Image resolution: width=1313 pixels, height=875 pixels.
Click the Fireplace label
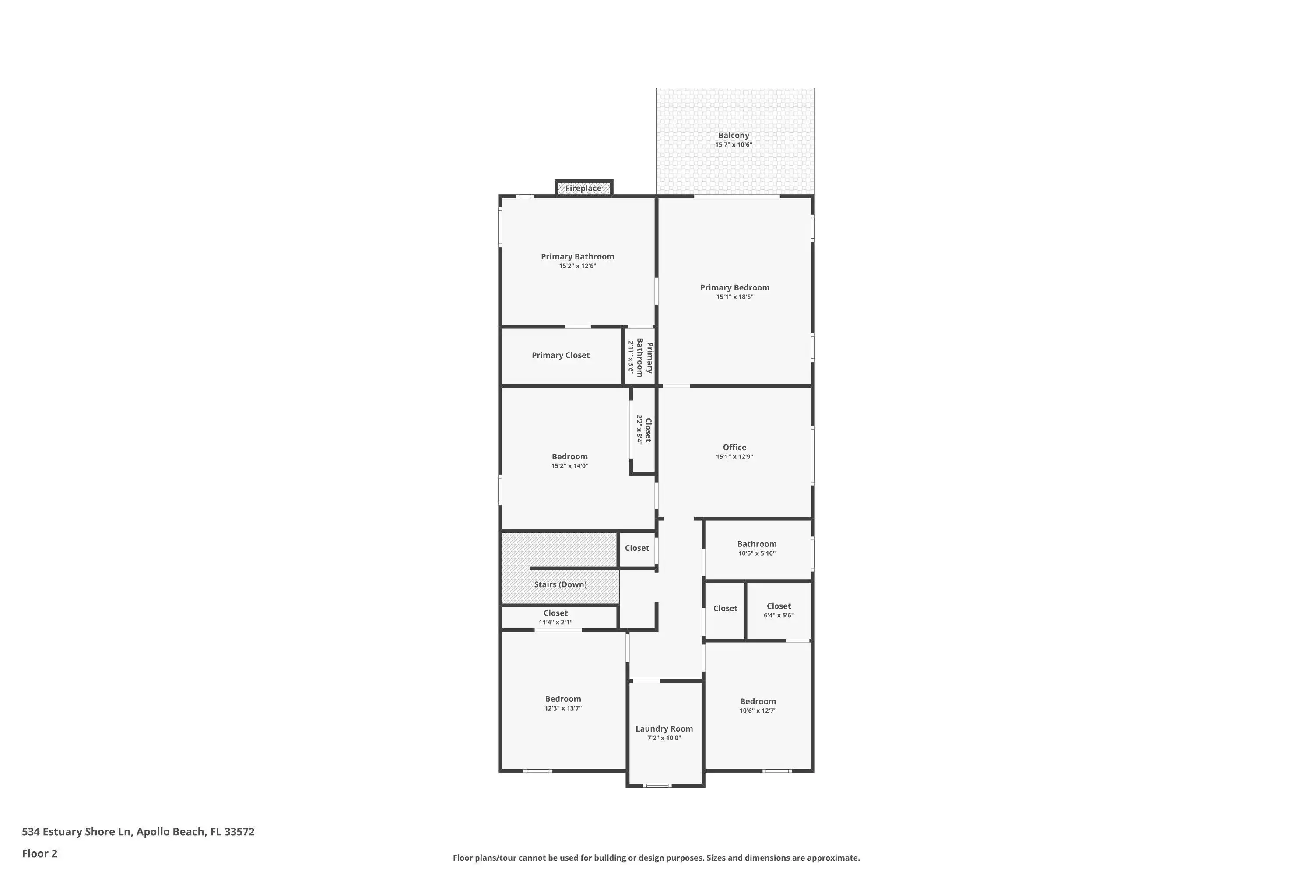(x=583, y=188)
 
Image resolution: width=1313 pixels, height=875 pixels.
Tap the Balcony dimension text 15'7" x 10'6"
(x=734, y=144)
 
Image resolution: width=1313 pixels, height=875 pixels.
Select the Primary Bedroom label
(x=735, y=287)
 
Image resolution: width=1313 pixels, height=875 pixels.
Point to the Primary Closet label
(x=561, y=355)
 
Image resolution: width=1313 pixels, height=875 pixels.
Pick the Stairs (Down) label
(x=561, y=584)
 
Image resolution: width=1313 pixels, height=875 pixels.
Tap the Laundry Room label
(x=664, y=729)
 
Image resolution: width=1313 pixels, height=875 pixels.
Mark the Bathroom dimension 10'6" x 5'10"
(x=757, y=553)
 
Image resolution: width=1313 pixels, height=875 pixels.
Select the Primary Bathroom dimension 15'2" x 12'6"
(x=578, y=266)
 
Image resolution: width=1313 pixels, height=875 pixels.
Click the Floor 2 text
(x=40, y=853)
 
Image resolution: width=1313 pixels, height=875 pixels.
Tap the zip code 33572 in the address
(x=239, y=832)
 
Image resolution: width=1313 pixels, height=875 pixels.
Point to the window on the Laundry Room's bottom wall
(x=658, y=786)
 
